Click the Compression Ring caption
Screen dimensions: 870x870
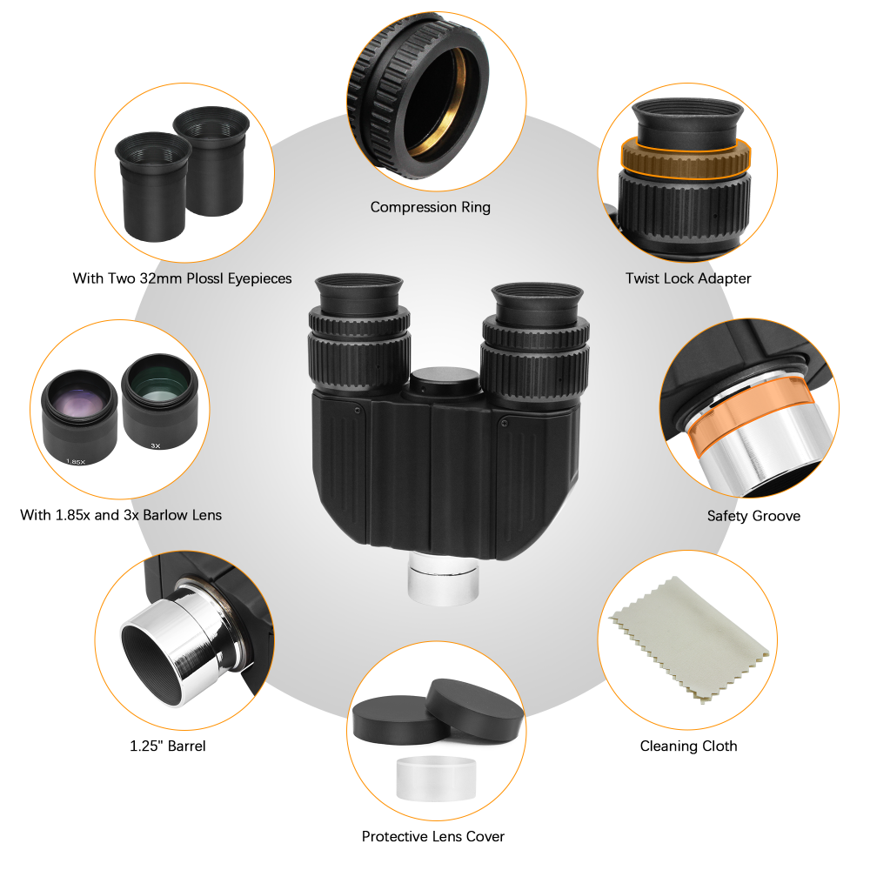point(430,207)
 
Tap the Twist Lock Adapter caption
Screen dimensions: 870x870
point(688,278)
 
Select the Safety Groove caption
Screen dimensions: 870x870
point(753,516)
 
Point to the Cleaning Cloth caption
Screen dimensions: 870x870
point(688,746)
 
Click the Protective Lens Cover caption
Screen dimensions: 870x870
point(432,836)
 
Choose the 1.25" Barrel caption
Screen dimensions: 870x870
point(168,746)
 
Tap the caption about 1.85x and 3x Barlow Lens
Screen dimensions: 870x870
point(121,515)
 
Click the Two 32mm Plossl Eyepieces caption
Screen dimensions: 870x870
point(182,278)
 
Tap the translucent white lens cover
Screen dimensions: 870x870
point(436,778)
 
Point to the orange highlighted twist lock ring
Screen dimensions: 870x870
point(686,157)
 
